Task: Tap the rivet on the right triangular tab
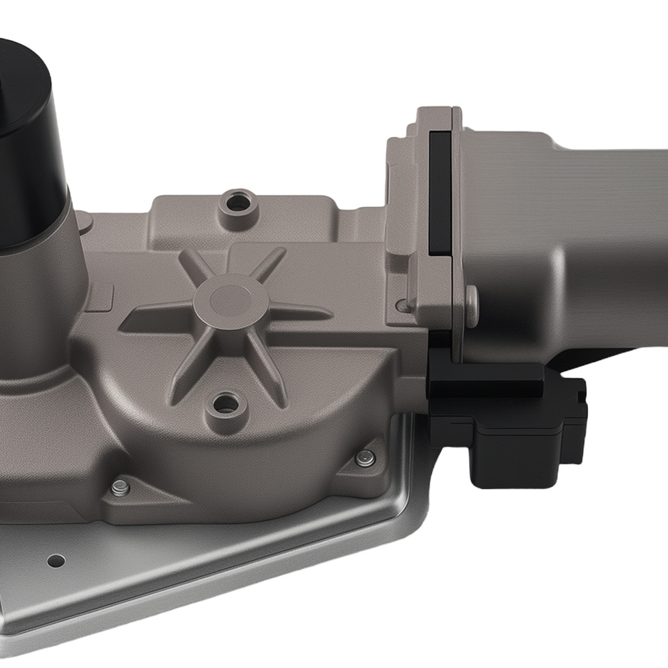coord(365,458)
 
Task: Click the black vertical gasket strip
coord(440,194)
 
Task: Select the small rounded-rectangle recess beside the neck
coord(100,297)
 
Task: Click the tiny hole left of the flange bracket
coord(401,305)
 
